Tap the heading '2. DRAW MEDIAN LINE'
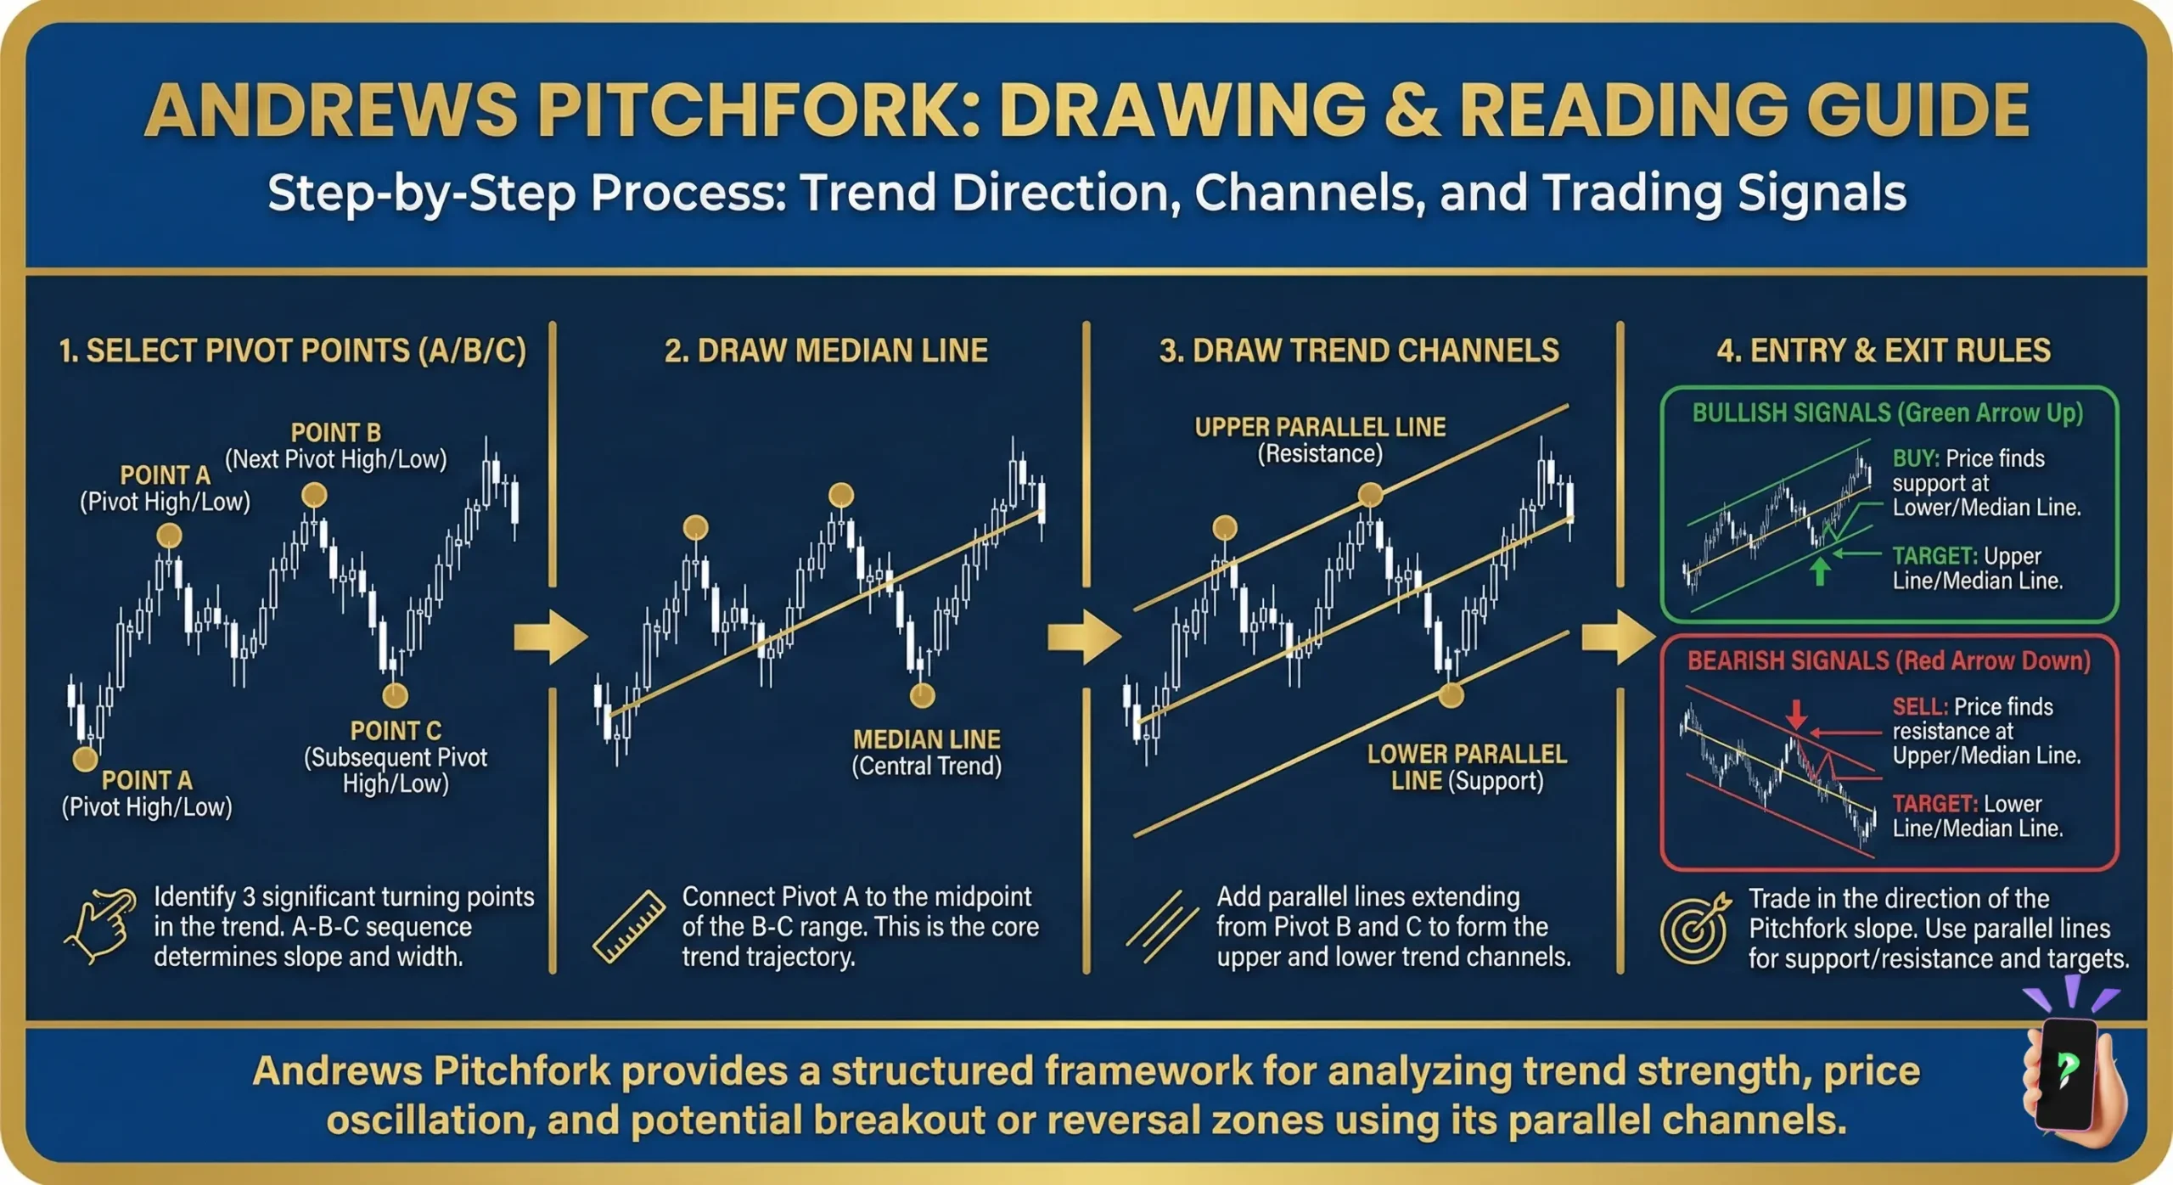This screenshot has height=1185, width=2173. click(x=826, y=351)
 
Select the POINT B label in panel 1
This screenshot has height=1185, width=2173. click(x=336, y=433)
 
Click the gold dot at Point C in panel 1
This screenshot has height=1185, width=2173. click(x=395, y=695)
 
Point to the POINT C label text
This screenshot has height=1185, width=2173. click(x=396, y=731)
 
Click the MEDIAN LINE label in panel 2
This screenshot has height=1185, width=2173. click(x=926, y=739)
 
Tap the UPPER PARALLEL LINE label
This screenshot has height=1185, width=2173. click(x=1320, y=427)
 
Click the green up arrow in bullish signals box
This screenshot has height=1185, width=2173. click(x=1819, y=571)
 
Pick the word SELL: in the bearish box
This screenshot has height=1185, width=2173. click(x=1919, y=707)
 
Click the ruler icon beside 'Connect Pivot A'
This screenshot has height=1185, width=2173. click(x=629, y=927)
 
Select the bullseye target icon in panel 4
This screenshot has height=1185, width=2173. click(x=1694, y=928)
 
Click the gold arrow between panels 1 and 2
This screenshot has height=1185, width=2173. click(x=550, y=637)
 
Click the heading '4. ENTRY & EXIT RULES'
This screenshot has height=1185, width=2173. click(x=1884, y=351)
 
